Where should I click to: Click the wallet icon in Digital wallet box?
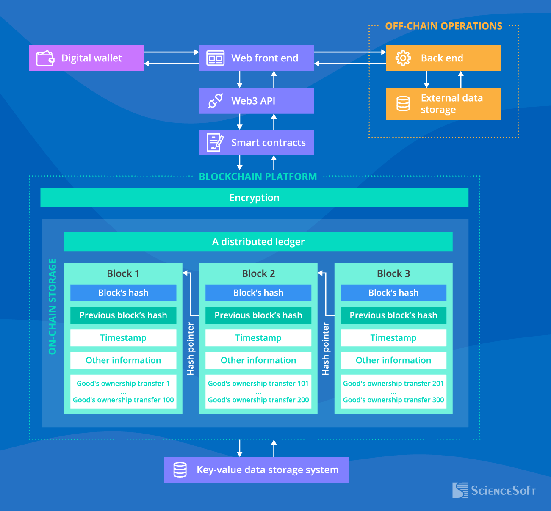point(45,58)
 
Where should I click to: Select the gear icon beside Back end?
point(403,58)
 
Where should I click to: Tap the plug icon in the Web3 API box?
point(215,101)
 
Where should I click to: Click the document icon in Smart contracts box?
point(215,143)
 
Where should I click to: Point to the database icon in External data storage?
point(403,104)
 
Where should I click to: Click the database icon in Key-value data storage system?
point(180,470)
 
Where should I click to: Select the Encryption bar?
point(254,198)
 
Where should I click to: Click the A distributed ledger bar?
point(258,242)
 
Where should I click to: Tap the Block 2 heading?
point(258,273)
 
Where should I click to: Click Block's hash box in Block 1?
point(123,293)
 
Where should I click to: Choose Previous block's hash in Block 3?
point(393,315)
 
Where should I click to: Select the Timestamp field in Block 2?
point(258,338)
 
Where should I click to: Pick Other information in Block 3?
point(393,360)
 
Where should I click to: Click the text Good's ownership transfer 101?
point(258,384)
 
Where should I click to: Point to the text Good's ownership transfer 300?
point(393,400)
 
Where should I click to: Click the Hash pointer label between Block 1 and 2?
point(191,349)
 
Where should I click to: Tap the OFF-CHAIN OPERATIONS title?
point(443,26)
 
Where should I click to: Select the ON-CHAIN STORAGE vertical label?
point(53,307)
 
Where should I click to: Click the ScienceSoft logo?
point(494,490)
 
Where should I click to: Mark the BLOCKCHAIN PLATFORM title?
point(258,177)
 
